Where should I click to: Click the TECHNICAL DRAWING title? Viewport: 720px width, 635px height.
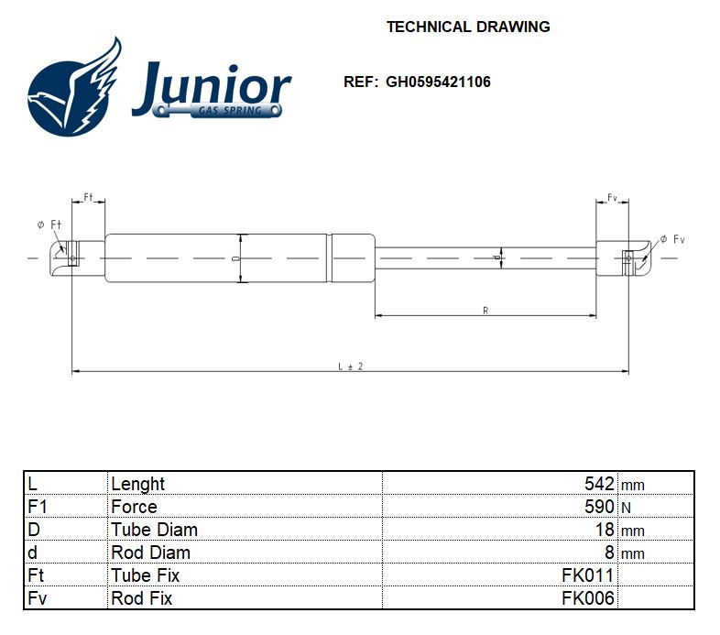pos(468,27)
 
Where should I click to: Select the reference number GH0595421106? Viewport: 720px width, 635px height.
pos(438,82)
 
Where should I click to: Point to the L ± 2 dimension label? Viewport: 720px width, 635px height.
pos(350,366)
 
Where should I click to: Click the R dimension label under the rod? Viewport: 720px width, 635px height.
pos(485,311)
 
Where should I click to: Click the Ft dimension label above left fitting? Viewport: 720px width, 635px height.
pos(89,197)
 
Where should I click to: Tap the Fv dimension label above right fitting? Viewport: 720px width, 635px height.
pos(613,197)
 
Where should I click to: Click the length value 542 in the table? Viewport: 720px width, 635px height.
pos(599,484)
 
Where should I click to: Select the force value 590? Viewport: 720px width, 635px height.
pos(599,507)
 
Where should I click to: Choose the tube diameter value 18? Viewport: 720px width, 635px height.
pos(605,530)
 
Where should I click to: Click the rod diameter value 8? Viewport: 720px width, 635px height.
pos(610,553)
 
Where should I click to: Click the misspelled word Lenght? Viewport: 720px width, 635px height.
pos(137,484)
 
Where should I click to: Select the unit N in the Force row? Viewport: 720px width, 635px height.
pos(627,508)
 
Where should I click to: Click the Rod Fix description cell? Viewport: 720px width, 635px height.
pos(141,598)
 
